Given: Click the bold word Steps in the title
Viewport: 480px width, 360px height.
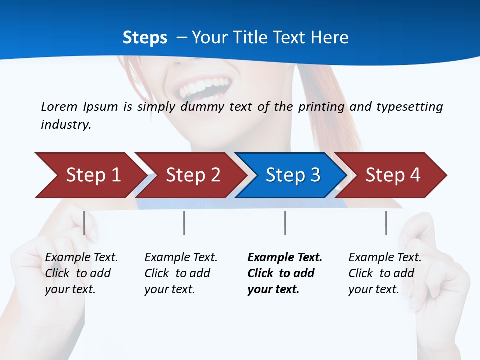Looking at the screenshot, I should tap(145, 38).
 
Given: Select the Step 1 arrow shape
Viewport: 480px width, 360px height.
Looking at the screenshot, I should tap(90, 175).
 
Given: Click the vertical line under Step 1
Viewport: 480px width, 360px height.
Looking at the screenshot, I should tap(84, 223).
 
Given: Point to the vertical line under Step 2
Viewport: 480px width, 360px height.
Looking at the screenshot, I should tap(184, 223).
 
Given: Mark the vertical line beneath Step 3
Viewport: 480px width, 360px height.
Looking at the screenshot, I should tap(285, 223).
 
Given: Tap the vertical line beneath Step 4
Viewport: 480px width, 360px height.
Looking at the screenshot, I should tap(386, 223).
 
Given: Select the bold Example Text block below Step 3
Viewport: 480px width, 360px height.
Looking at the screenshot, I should tap(285, 273).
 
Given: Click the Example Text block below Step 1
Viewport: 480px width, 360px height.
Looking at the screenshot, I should tap(81, 273).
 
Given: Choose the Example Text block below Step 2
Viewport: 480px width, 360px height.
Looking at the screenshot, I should tap(181, 273).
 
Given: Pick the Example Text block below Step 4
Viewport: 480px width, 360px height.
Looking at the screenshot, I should tap(385, 273).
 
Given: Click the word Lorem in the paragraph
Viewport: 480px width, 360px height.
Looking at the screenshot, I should tap(59, 106).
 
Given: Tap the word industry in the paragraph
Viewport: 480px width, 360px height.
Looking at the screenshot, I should tap(66, 124).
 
